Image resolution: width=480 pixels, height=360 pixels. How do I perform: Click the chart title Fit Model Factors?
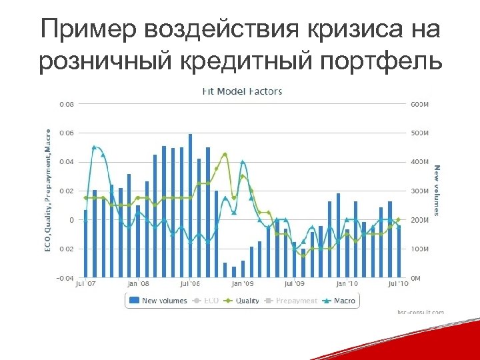coord(242,91)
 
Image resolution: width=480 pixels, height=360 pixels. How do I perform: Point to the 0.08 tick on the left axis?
coord(67,104)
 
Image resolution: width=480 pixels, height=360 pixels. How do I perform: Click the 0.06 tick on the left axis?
coord(67,133)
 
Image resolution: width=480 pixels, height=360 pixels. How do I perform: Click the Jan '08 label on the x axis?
coord(137,284)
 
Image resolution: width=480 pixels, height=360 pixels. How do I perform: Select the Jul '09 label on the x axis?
coord(294,284)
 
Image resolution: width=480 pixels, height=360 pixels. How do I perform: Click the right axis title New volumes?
coord(437,191)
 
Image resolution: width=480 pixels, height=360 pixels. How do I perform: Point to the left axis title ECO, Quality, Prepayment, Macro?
coord(47,191)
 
